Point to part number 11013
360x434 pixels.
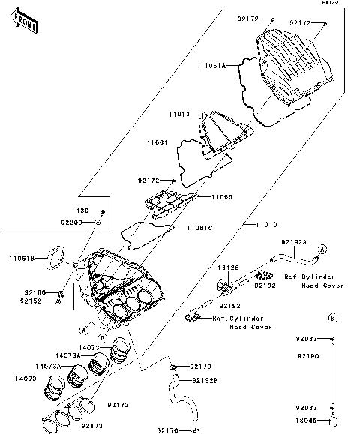click(x=178, y=114)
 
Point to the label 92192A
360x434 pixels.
click(x=294, y=243)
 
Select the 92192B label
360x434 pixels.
click(x=205, y=380)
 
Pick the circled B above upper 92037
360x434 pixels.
click(x=332, y=317)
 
